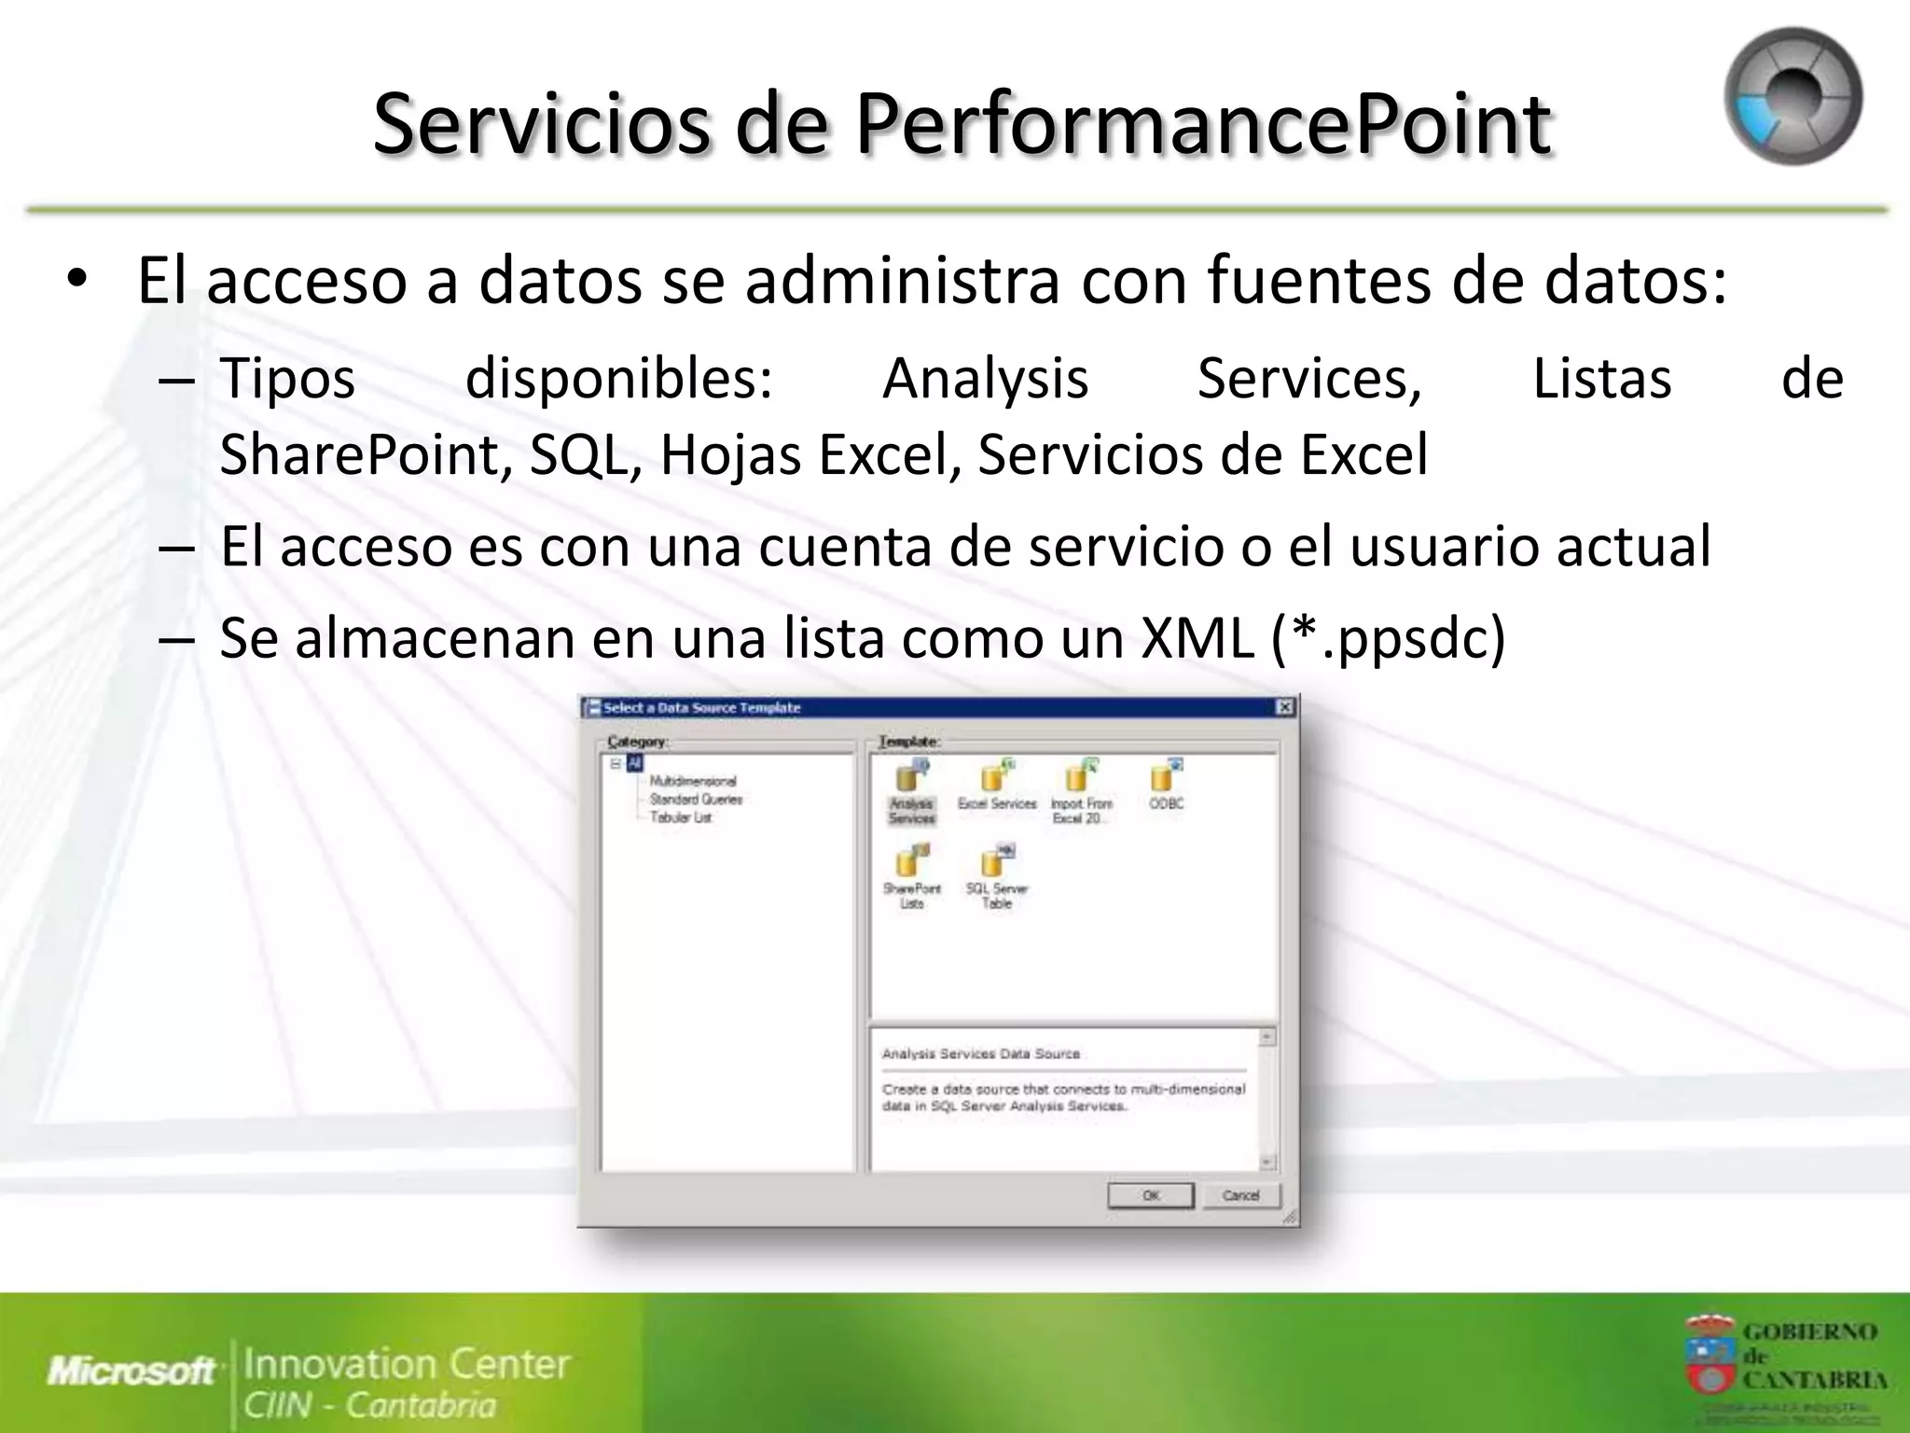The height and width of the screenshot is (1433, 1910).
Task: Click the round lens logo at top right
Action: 1792,97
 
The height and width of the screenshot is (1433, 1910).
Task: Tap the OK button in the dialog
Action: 1150,1195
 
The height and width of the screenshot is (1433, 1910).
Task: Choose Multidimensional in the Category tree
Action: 692,781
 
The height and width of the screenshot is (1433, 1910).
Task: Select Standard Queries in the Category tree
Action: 696,800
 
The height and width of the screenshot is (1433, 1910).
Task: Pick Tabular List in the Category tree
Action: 681,817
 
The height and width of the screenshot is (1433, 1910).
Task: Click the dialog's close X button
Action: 1284,707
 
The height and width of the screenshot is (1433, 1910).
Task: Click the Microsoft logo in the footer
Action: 131,1370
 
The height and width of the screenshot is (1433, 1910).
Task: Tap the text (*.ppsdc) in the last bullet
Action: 1388,638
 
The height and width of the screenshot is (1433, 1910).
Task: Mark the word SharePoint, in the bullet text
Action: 365,454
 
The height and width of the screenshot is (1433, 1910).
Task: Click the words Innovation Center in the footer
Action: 407,1363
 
